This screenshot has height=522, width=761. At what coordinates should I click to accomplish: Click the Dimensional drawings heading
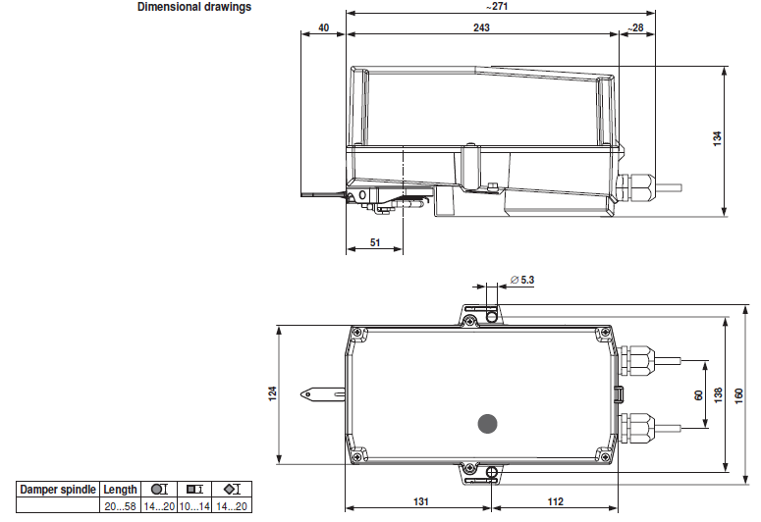[194, 7]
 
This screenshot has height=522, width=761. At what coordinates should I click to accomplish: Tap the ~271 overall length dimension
[497, 6]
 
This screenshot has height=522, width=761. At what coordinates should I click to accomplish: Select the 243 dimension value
[481, 27]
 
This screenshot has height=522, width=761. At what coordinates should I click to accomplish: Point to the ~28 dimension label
[635, 27]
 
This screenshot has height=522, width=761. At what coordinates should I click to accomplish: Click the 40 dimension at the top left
[324, 27]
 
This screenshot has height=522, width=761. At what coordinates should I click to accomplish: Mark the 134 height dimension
[718, 138]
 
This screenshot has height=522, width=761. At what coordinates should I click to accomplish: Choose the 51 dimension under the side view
[375, 242]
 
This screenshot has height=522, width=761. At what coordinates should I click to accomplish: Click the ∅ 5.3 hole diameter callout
[522, 280]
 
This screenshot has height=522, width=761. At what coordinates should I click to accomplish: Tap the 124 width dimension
[273, 392]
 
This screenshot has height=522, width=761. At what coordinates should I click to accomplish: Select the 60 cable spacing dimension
[699, 395]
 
